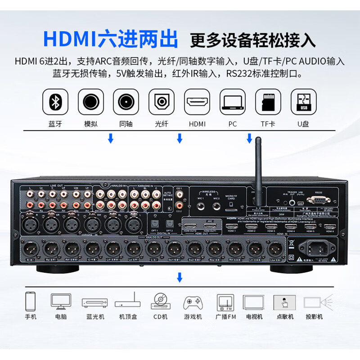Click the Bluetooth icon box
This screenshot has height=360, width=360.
56,103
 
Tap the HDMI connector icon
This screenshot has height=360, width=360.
198,103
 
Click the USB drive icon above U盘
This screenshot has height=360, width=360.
304,103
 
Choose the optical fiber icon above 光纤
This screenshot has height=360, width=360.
162,103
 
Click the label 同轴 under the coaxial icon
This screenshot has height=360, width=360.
126,124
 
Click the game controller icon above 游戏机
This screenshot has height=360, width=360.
193,301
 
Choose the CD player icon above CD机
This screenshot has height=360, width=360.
161,301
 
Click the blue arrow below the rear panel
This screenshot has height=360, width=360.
180,277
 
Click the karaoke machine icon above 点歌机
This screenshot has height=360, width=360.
285,301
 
